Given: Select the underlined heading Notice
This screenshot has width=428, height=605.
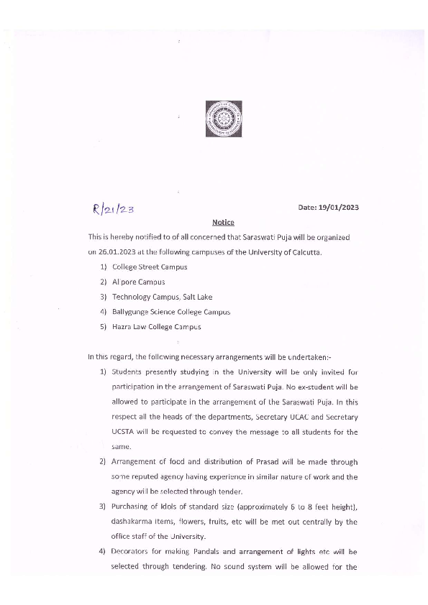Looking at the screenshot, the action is coord(223,223).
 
